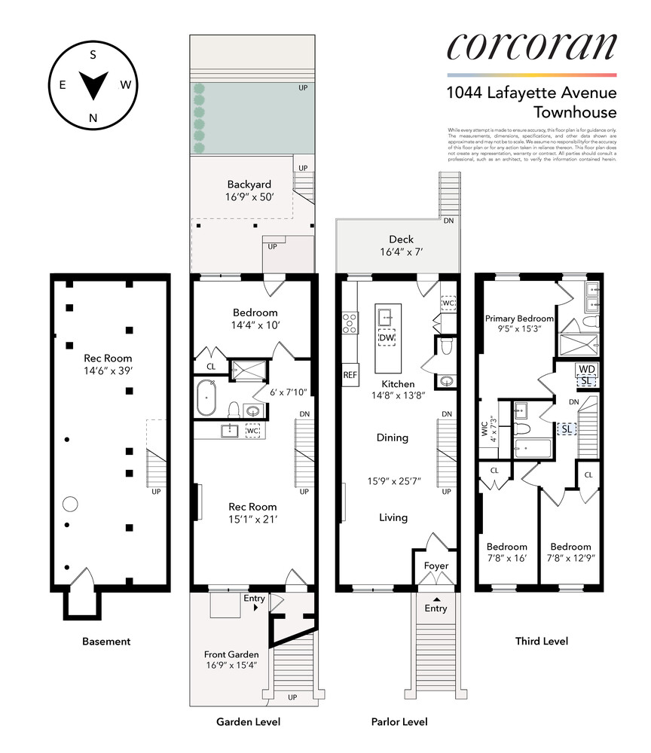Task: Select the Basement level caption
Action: click(x=105, y=642)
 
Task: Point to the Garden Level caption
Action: click(x=248, y=722)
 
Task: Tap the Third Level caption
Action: click(x=541, y=642)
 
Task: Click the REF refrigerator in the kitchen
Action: click(x=350, y=375)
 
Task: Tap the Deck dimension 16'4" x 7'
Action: click(x=396, y=254)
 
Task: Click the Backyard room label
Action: click(x=249, y=184)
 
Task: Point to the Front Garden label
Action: click(x=231, y=654)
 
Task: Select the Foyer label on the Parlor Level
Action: click(x=436, y=566)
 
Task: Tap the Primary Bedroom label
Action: click(x=519, y=319)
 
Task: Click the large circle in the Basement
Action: click(x=71, y=504)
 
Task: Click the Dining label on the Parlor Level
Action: click(x=393, y=437)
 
